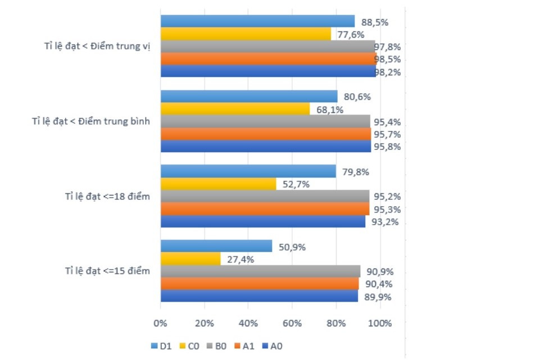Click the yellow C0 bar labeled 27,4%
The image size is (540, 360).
(x=190, y=258)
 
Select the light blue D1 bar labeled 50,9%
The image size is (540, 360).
(x=216, y=246)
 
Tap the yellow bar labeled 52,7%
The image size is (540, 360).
(x=219, y=184)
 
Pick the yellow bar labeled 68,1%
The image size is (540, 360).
(x=235, y=109)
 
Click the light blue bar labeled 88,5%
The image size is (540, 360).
(x=257, y=21)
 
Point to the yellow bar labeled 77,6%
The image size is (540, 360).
(x=246, y=34)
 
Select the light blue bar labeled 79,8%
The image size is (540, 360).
(x=248, y=171)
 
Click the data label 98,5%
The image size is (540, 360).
(x=388, y=60)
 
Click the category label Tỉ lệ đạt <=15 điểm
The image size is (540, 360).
(x=107, y=271)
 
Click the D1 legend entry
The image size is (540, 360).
(x=161, y=347)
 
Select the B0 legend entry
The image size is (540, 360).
(x=217, y=347)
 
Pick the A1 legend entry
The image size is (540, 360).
(x=244, y=347)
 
